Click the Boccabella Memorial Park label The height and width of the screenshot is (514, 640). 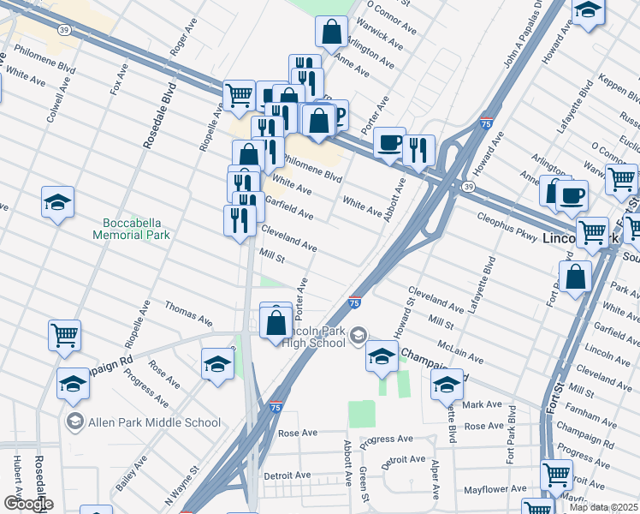(132, 228)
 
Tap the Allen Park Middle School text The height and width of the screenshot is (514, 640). (156, 422)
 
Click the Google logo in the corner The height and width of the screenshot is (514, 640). (27, 504)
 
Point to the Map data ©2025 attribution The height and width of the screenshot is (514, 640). (604, 507)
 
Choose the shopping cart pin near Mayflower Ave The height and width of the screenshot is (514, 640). (557, 473)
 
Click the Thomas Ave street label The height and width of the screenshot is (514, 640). (188, 314)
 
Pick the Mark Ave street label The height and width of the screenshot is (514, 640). (483, 403)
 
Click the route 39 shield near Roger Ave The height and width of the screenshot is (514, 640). (63, 29)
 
